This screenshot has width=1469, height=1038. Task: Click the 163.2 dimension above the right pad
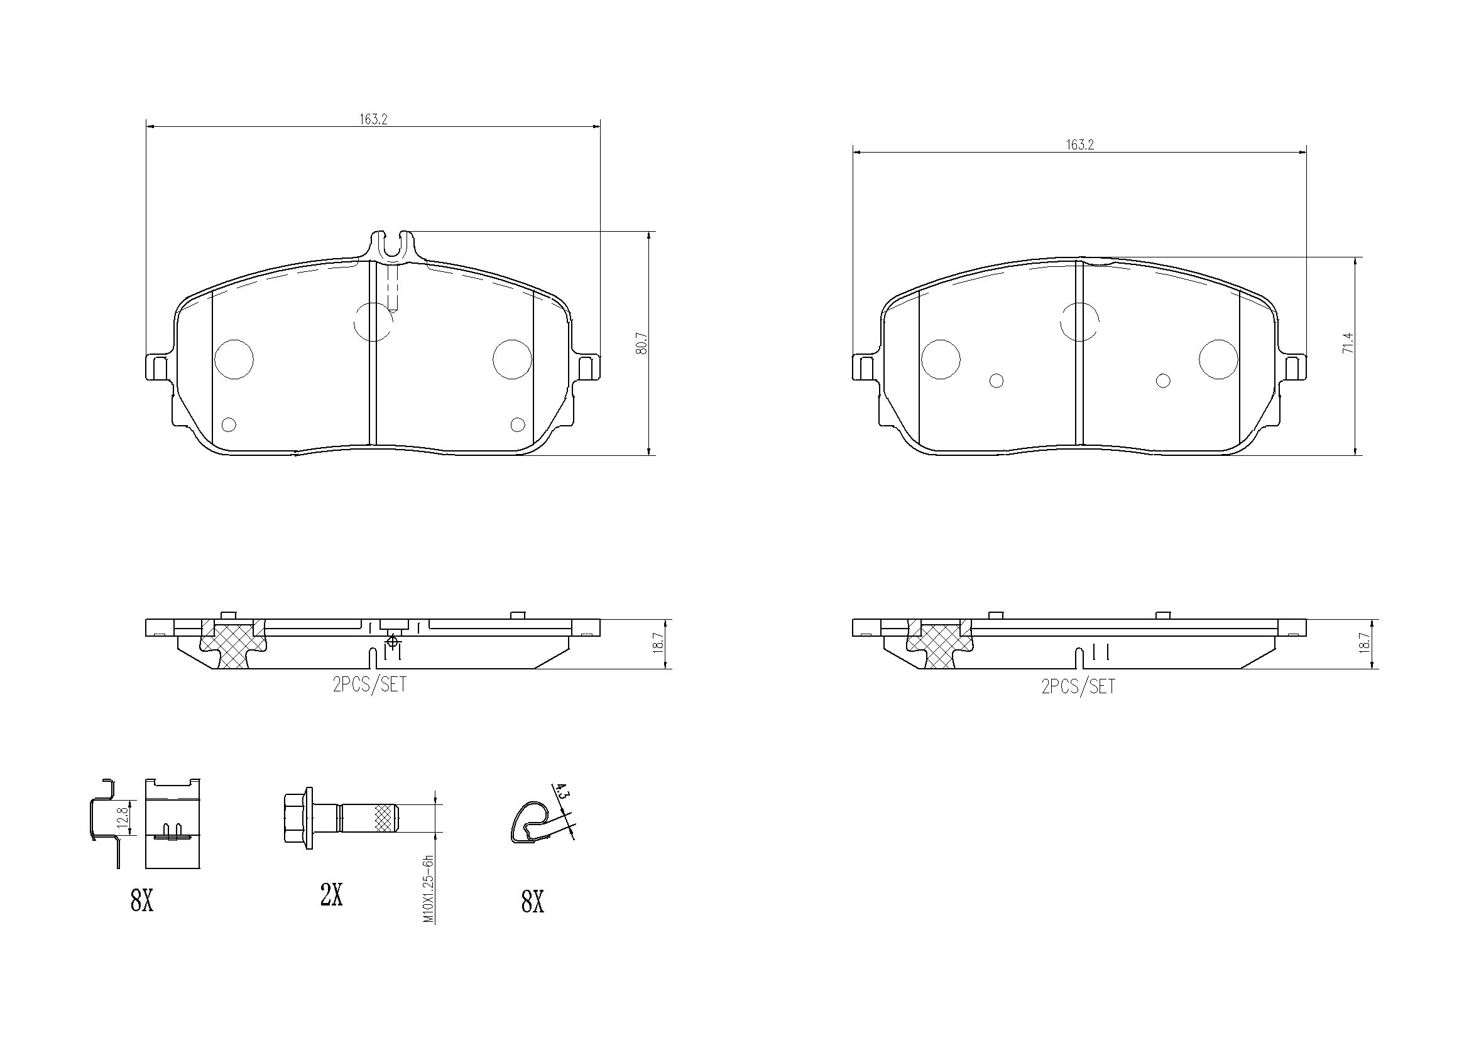[1079, 145]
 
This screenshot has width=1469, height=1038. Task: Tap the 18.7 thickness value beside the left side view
[662, 644]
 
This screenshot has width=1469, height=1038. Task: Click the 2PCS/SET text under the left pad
[369, 685]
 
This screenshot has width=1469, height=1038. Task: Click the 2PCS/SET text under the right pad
[1078, 687]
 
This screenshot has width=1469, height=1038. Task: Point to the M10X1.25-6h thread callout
[429, 889]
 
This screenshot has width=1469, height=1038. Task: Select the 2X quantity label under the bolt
[331, 896]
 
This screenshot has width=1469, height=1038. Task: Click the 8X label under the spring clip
[532, 902]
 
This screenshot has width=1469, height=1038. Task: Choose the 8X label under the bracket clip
[142, 902]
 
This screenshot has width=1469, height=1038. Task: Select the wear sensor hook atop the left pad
[390, 246]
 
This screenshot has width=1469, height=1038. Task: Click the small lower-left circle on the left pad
[229, 424]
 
